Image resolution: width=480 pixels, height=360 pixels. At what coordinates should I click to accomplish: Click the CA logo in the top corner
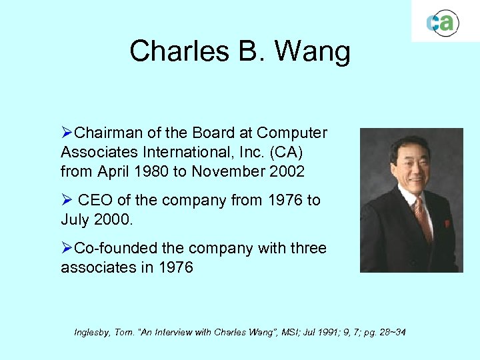click(442, 23)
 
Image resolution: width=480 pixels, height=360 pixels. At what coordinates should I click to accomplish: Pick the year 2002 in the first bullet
click(287, 171)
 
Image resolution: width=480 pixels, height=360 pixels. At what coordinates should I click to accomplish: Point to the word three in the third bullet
click(305, 248)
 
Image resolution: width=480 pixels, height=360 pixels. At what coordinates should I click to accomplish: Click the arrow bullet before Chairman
click(67, 133)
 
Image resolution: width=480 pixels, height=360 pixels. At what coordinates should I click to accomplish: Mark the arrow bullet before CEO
click(67, 201)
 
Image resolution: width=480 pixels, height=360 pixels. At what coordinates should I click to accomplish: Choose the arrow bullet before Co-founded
click(67, 249)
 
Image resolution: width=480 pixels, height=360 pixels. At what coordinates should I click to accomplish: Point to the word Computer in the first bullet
click(292, 133)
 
